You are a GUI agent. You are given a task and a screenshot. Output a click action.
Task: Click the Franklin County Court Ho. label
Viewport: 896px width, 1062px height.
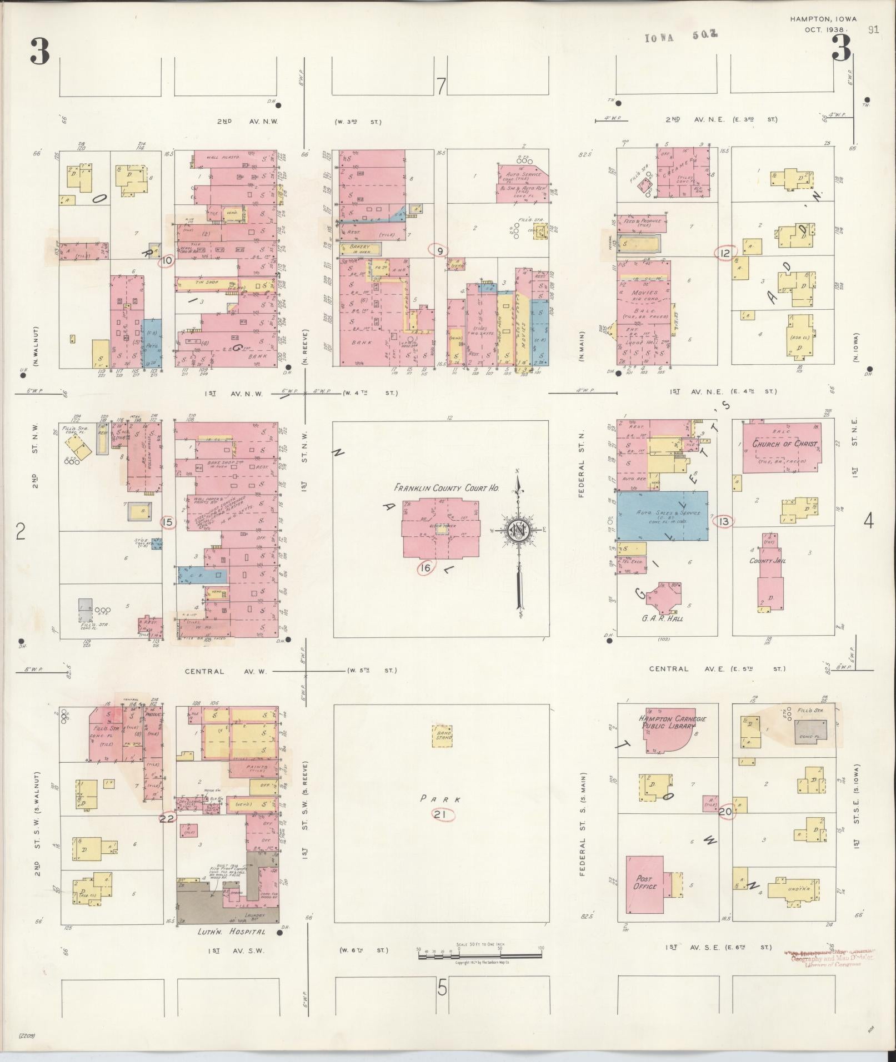click(446, 489)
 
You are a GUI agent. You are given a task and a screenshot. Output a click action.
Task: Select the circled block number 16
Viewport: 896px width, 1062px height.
click(426, 568)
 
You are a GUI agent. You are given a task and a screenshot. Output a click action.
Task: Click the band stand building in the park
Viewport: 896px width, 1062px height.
click(443, 736)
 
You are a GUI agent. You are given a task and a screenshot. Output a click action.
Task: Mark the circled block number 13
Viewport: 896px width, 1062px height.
click(724, 522)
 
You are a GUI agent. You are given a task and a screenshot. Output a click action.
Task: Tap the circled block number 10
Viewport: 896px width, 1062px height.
click(167, 260)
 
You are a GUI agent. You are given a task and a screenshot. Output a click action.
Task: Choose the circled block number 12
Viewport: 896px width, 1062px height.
click(724, 253)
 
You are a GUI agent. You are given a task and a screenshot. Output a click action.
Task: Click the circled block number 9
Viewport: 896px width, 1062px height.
click(439, 251)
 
